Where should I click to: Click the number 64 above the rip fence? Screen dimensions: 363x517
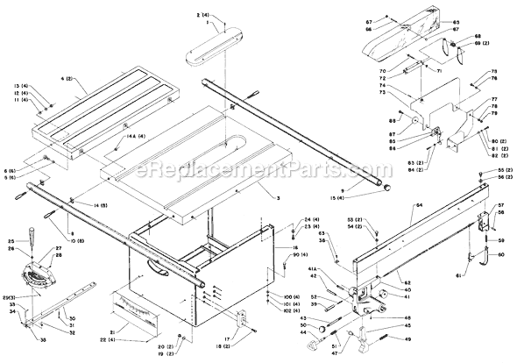click(x=418, y=204)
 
